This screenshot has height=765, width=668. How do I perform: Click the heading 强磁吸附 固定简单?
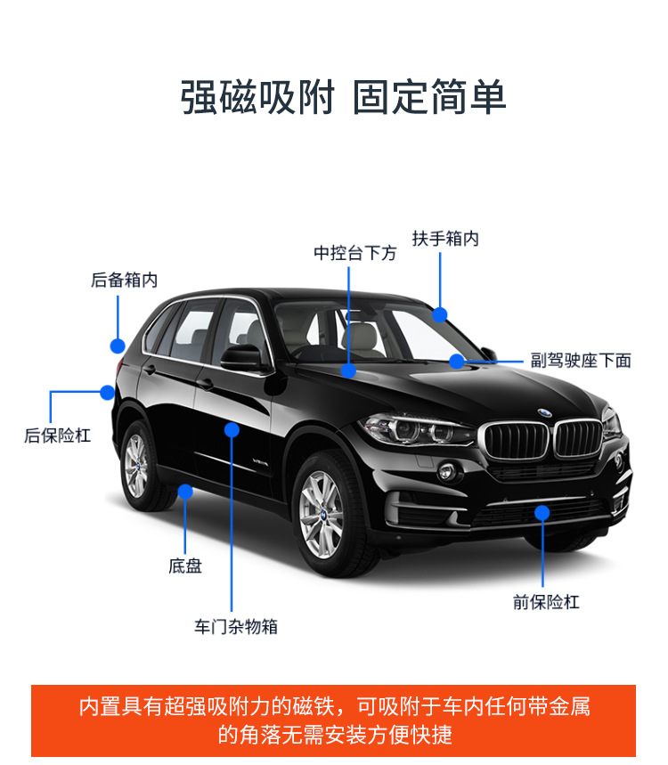(343, 97)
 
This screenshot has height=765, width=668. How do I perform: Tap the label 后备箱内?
(124, 280)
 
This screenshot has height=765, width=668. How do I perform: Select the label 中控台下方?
(354, 253)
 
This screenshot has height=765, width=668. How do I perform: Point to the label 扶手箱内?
(445, 239)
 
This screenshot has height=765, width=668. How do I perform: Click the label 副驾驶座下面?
(581, 361)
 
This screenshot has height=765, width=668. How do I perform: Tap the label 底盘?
(185, 566)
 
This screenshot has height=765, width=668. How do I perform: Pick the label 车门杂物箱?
(236, 626)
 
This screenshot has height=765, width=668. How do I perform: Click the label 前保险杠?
(546, 602)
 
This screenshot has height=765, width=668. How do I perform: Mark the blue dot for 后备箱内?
(118, 346)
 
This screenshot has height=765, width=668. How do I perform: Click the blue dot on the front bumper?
(542, 512)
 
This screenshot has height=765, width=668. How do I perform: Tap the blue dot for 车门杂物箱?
(232, 429)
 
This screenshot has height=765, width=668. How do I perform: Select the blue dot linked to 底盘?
(185, 491)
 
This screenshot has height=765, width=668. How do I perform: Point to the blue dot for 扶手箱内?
(440, 313)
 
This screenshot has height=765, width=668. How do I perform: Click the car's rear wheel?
(138, 465)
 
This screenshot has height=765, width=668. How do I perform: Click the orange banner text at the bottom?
(334, 720)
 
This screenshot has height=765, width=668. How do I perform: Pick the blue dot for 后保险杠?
(107, 392)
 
